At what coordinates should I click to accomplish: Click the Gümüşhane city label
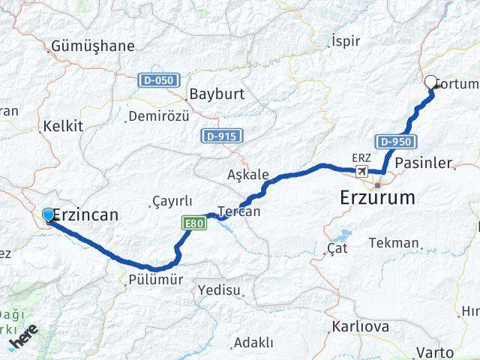[x=93, y=46]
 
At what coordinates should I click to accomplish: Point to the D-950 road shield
[x=395, y=142]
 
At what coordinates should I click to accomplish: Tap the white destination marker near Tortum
[x=431, y=83]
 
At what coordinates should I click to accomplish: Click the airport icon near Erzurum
[x=363, y=172]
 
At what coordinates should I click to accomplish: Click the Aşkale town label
[x=247, y=175]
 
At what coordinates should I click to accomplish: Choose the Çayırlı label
[x=172, y=201]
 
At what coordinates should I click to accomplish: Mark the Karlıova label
[x=359, y=327]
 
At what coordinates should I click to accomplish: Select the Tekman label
[x=394, y=243]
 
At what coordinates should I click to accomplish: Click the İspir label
[x=346, y=41]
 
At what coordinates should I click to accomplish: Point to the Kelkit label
[x=64, y=126]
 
